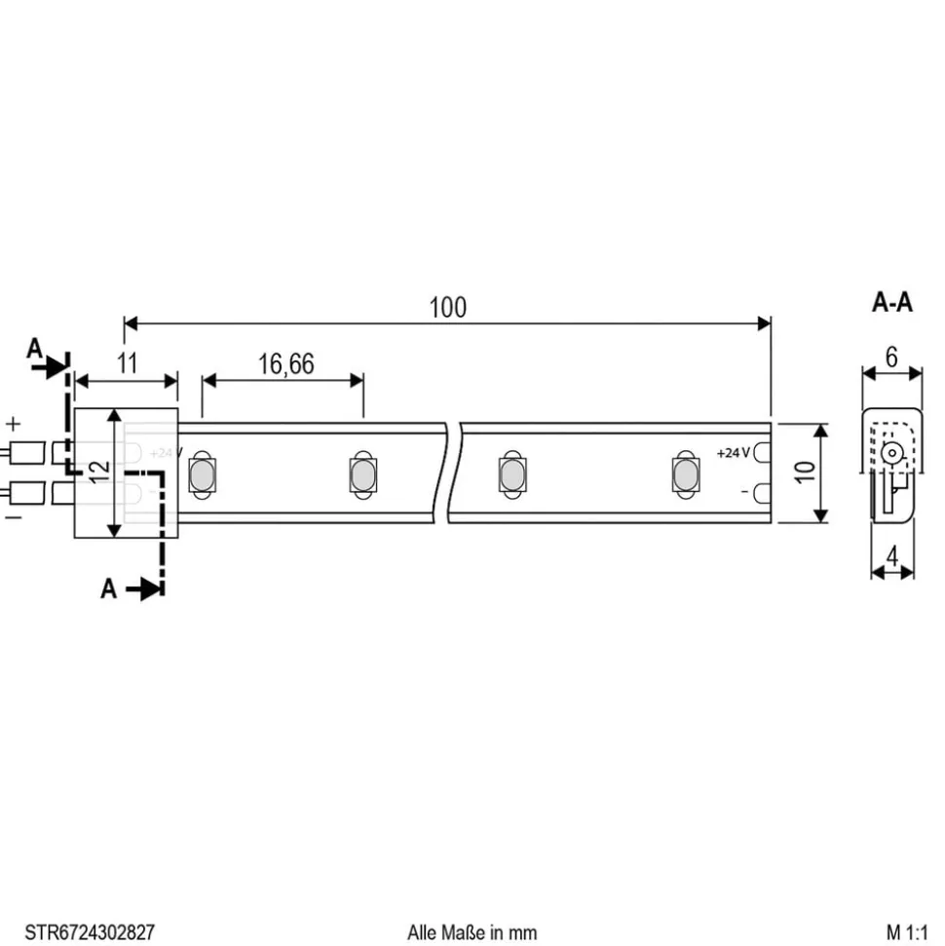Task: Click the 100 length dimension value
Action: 447,307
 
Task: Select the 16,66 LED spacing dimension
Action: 285,364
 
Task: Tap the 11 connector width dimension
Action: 127,364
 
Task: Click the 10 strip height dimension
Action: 805,473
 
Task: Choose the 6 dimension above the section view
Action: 891,357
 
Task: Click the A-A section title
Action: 891,303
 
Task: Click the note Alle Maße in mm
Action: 472,932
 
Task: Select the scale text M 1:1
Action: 908,932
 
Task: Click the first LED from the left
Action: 202,475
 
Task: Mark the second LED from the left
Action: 359,475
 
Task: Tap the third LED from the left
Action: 510,475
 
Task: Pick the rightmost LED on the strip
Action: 685,475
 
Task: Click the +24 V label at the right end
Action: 733,453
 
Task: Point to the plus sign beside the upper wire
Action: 14,424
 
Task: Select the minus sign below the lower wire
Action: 14,517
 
